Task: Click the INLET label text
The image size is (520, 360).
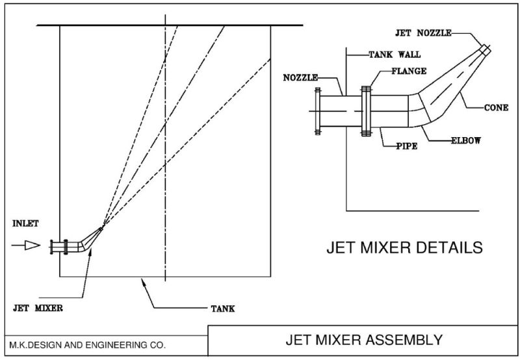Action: [x=25, y=224]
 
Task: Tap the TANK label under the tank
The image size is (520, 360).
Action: [x=222, y=309]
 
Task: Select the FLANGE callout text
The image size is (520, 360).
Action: [x=409, y=71]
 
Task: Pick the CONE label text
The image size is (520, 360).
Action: [x=496, y=107]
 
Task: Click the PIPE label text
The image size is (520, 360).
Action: [x=406, y=146]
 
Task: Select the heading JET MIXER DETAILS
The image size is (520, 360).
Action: [x=403, y=248]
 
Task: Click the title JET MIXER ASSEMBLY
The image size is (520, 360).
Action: [x=365, y=339]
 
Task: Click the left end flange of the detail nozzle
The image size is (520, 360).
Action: [x=317, y=112]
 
